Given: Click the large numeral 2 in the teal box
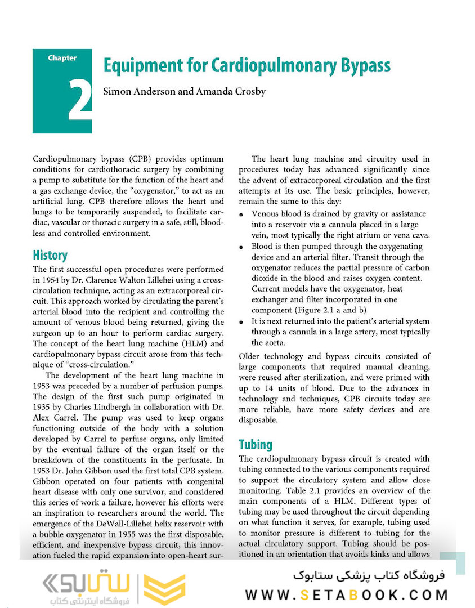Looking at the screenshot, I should (x=80, y=99).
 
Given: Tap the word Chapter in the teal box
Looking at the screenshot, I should (x=62, y=58).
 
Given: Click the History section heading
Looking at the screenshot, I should (x=50, y=255).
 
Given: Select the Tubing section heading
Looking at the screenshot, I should (x=256, y=444).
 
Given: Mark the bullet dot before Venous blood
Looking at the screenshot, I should (x=241, y=215).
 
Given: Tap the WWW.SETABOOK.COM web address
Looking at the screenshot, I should (x=346, y=594).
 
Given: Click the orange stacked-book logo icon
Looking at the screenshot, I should (x=164, y=588).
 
